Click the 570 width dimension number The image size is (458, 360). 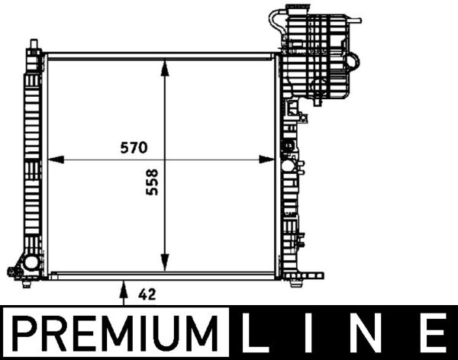[134, 148]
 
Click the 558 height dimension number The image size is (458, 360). [152, 182]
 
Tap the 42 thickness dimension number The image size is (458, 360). [147, 294]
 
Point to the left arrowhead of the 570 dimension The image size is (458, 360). [56, 159]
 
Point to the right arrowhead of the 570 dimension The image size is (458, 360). [266, 159]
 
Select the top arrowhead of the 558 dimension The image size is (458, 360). [165, 68]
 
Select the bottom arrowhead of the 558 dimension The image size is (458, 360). [165, 262]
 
